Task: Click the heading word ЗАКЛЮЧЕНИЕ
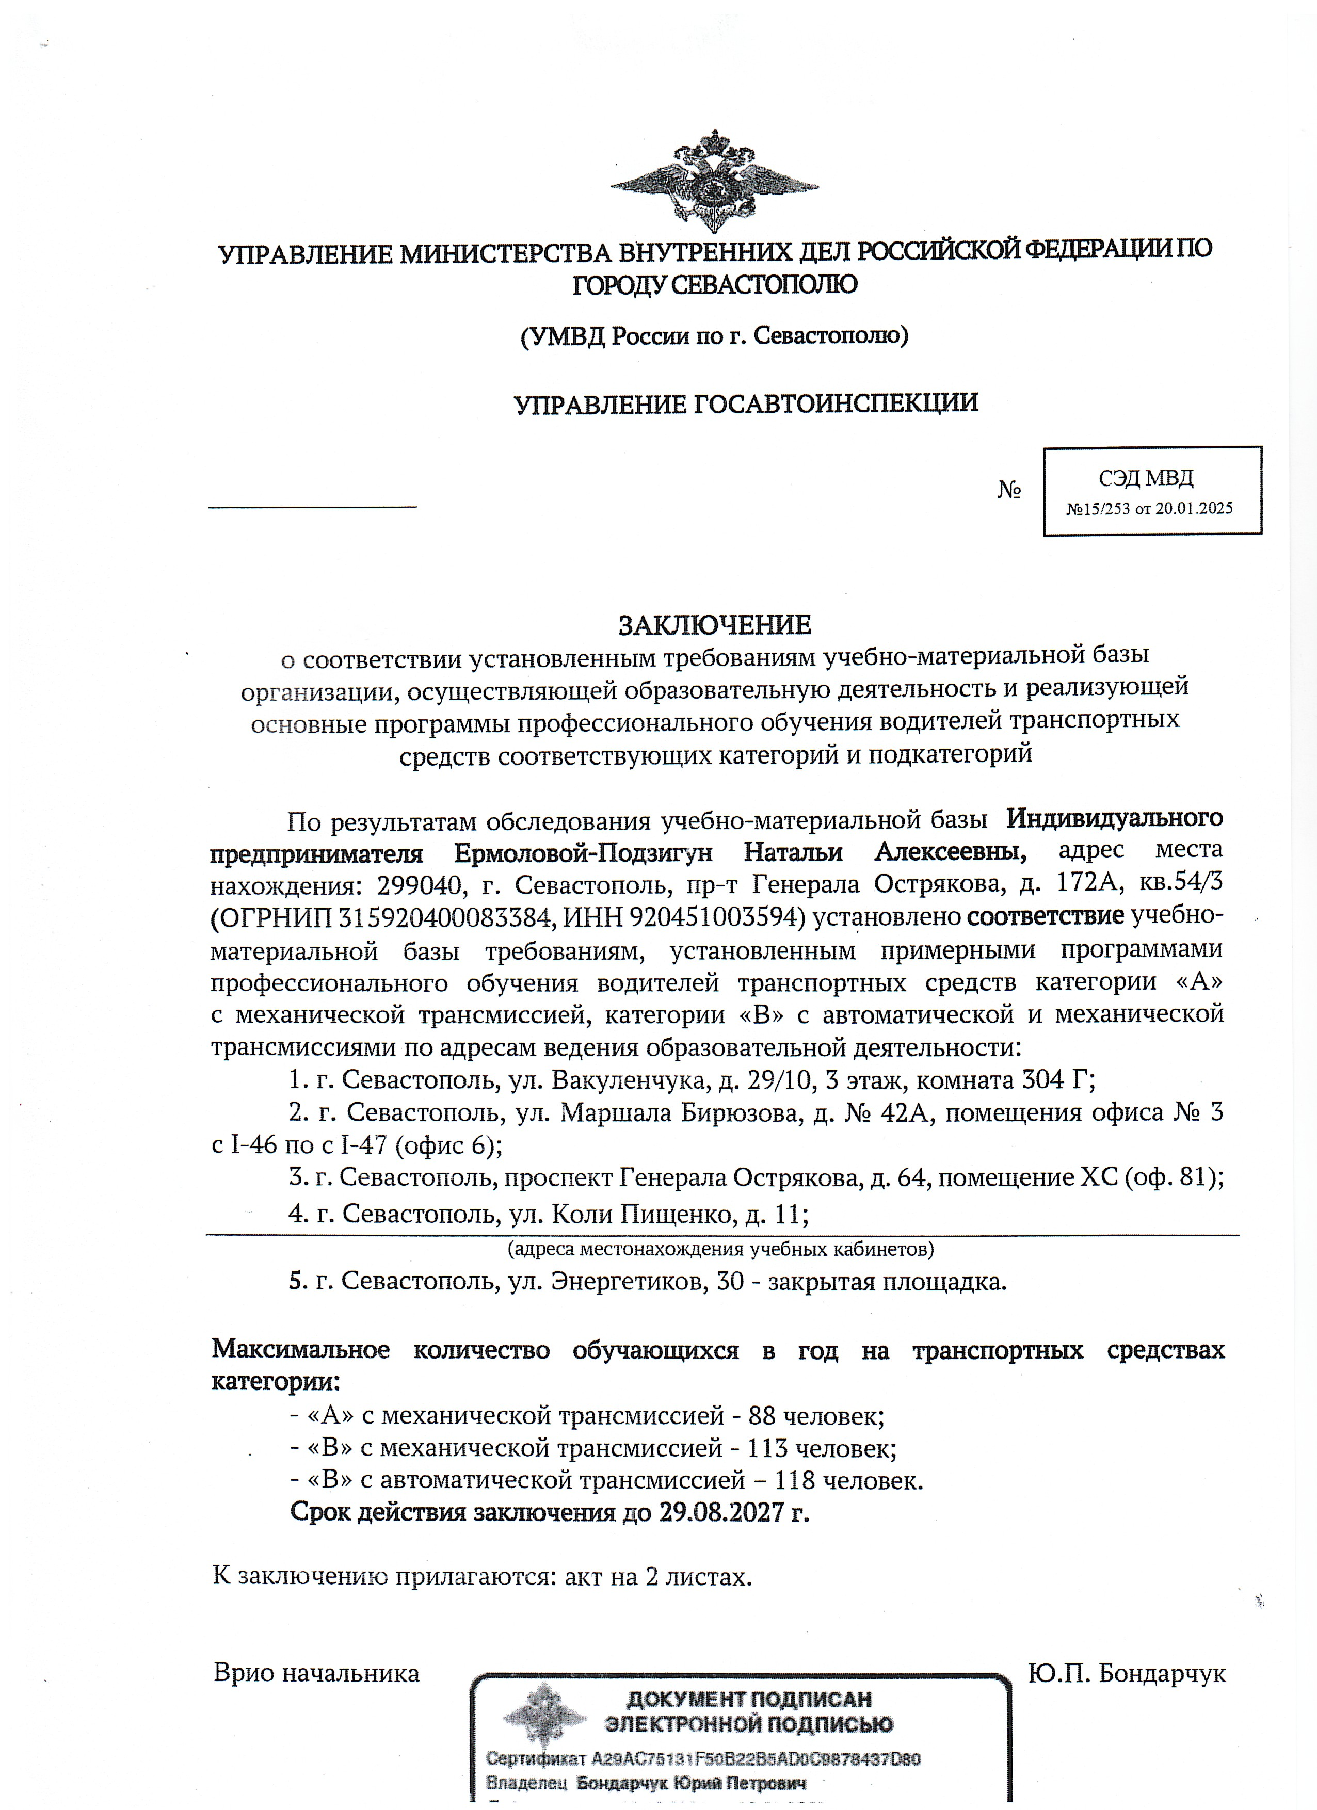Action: pyautogui.click(x=714, y=624)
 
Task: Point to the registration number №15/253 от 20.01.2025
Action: pyautogui.click(x=1149, y=508)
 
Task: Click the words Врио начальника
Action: pyautogui.click(x=316, y=1673)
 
